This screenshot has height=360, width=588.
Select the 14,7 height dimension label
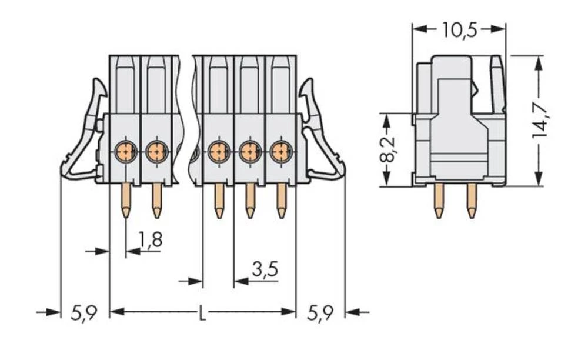click(x=540, y=120)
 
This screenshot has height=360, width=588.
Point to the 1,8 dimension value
click(x=151, y=239)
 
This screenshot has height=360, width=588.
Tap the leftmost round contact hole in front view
click(x=125, y=152)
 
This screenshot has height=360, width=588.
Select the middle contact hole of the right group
click(x=250, y=152)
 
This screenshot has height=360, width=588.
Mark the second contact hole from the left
click(x=156, y=152)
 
